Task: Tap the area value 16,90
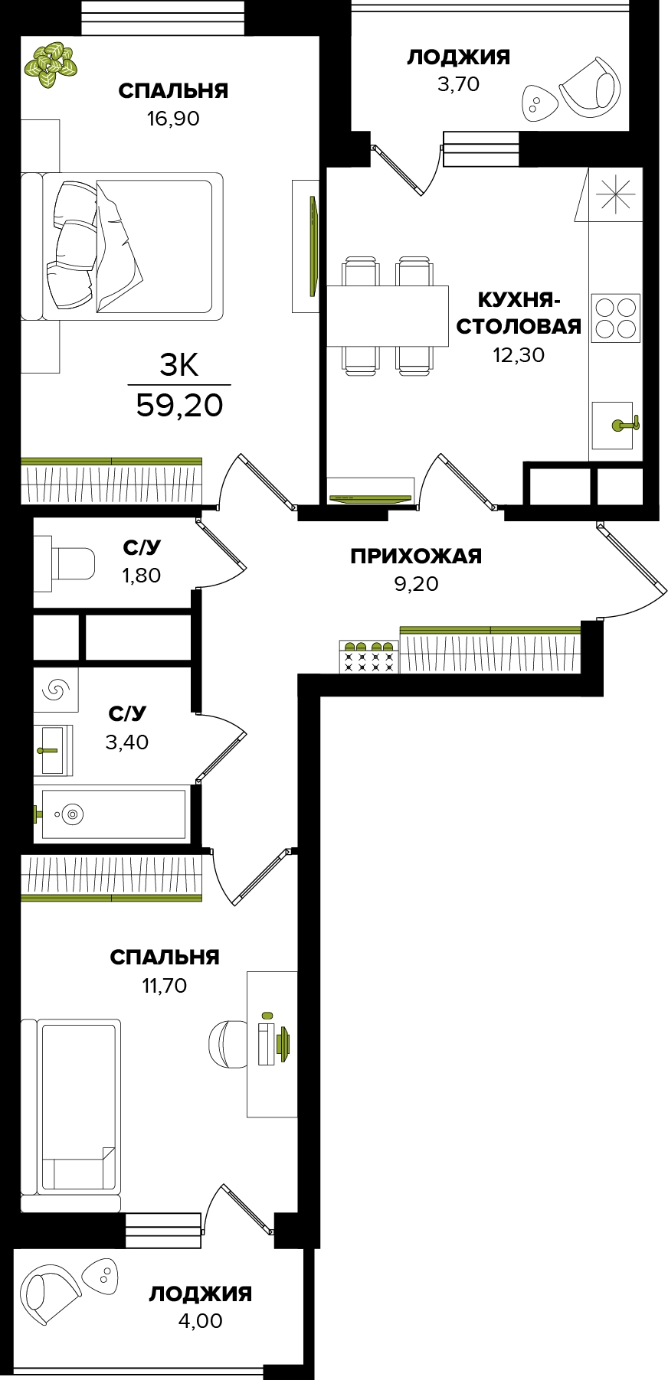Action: (x=173, y=119)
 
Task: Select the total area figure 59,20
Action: (x=179, y=405)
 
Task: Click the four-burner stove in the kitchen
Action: (x=616, y=318)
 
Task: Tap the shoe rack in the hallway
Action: (x=369, y=656)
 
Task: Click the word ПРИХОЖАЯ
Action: (x=416, y=556)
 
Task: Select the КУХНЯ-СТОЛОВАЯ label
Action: (x=519, y=312)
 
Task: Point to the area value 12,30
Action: (x=519, y=355)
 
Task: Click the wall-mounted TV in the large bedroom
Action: (x=312, y=246)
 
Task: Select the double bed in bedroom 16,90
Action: (x=122, y=246)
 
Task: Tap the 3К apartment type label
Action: (x=179, y=366)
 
